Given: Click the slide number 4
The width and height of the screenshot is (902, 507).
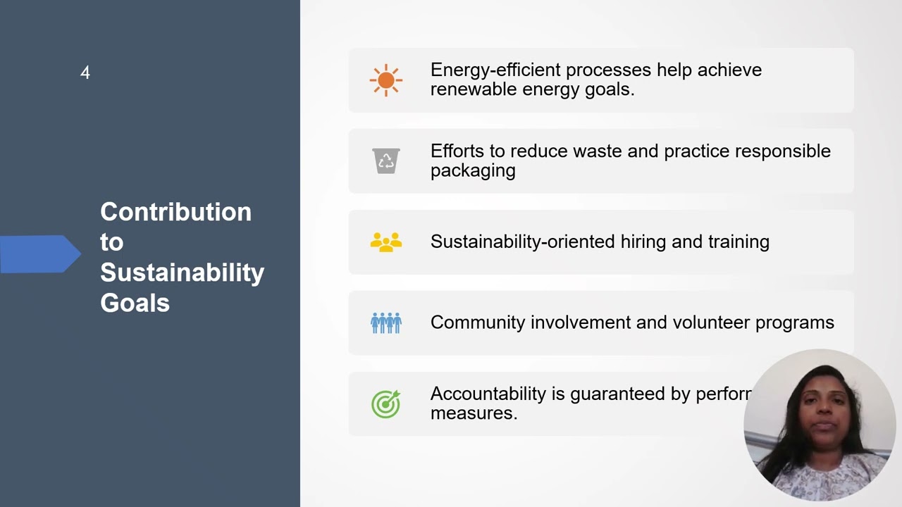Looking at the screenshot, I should tap(85, 73).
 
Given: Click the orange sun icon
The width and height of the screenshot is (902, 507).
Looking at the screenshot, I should tap(385, 80).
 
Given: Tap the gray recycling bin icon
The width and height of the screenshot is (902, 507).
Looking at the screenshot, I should tap(385, 161).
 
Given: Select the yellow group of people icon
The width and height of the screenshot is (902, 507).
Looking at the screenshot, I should tap(385, 242).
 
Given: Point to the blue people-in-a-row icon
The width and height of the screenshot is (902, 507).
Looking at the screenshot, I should tap(385, 323).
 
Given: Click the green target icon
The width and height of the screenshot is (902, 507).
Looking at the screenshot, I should tap(385, 404).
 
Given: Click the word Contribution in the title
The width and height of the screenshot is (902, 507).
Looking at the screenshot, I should tap(175, 212).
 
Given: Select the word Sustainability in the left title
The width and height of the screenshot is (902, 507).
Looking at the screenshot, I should tap(182, 273).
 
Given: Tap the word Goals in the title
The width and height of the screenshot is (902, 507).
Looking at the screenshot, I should tap(135, 303).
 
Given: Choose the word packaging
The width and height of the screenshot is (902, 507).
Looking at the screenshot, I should tap(473, 171).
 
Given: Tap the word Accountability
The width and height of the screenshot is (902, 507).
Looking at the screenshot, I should tap(488, 394).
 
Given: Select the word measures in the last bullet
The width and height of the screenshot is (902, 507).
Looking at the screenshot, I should tap(474, 413).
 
